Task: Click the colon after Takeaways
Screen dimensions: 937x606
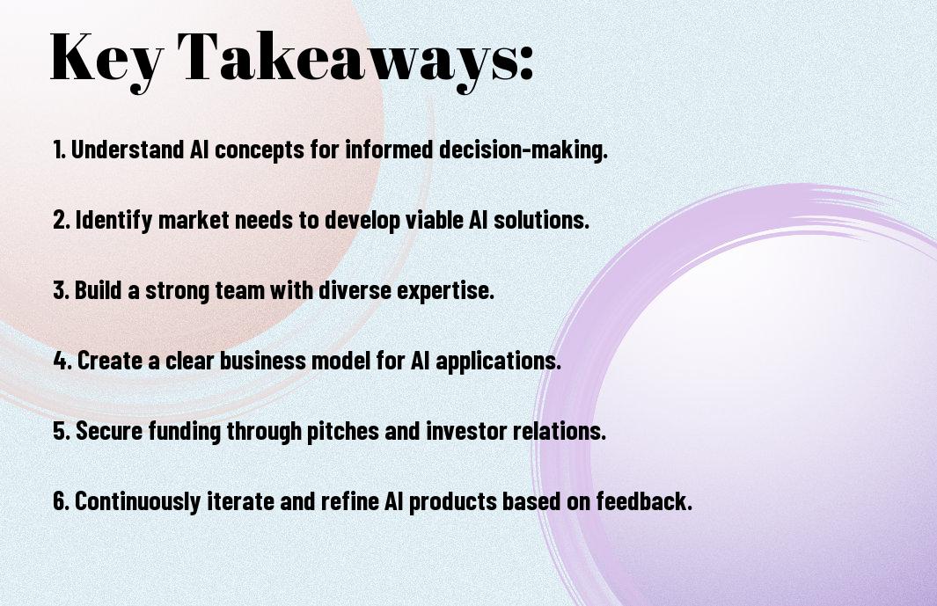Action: pos(524,63)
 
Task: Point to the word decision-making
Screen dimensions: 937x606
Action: pos(523,150)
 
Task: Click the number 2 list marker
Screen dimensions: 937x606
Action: pos(62,220)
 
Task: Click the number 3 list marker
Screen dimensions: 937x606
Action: pos(62,290)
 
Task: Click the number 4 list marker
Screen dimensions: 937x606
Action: pos(62,361)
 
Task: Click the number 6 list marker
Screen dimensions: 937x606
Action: pos(62,500)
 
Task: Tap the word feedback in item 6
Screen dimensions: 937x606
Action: pos(644,500)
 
